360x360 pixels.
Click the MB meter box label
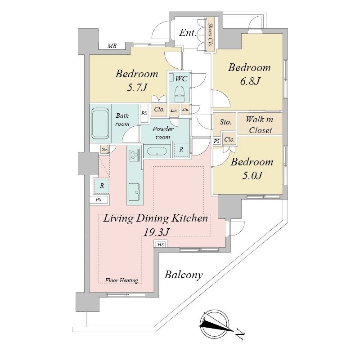(112, 46)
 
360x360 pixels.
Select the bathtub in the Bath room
(100, 123)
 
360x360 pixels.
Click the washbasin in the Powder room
(157, 151)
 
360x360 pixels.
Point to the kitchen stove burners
(134, 154)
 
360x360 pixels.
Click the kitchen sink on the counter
(134, 192)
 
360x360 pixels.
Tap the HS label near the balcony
(161, 244)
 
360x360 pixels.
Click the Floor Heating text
(121, 280)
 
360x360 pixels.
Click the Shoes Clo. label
(210, 35)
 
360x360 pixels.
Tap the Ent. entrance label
(188, 33)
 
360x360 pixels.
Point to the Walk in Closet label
(260, 124)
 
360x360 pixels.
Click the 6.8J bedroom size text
(250, 81)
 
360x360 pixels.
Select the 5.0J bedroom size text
(252, 176)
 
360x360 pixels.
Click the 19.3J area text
(156, 232)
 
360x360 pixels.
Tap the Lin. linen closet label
(174, 111)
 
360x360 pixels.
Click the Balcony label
(184, 275)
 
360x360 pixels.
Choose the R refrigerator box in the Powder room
(181, 150)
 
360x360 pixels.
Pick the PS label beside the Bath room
(144, 113)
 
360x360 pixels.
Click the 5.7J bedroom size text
(137, 87)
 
